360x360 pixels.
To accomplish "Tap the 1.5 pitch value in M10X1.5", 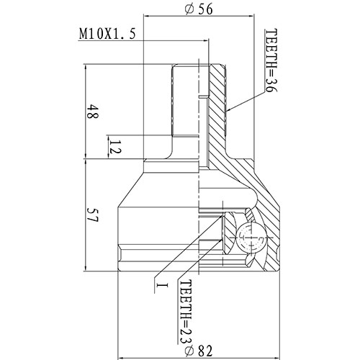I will click(125, 35).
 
